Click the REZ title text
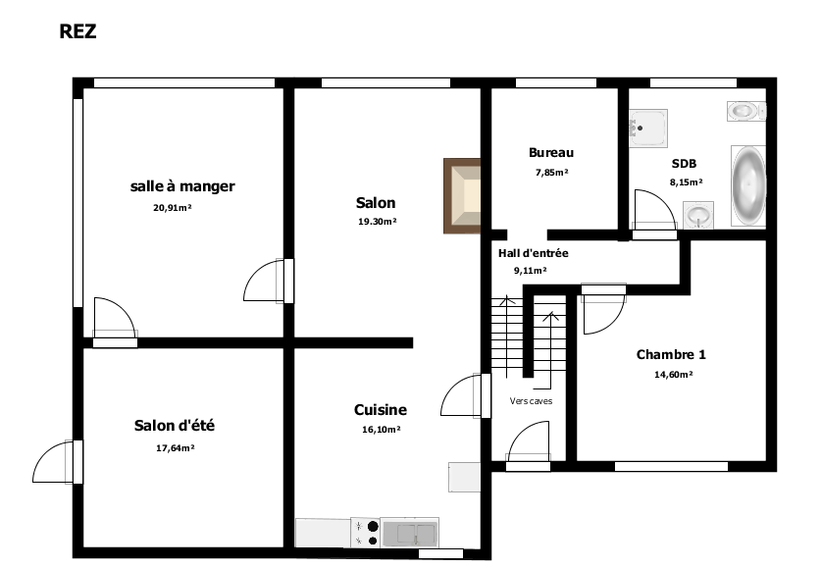[77, 31]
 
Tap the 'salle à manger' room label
[182, 186]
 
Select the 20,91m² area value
[173, 208]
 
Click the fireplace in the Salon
[462, 196]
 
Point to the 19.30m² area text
[377, 222]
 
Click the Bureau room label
[551, 153]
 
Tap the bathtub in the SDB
[748, 185]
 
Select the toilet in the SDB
[746, 112]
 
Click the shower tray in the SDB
[648, 128]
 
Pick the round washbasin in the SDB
[698, 215]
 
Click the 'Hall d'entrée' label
[533, 253]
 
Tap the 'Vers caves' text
[531, 401]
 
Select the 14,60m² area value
[673, 375]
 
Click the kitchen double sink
[409, 533]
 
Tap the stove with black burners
[365, 533]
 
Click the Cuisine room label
[381, 410]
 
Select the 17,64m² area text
[176, 448]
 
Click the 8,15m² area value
[686, 182]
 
